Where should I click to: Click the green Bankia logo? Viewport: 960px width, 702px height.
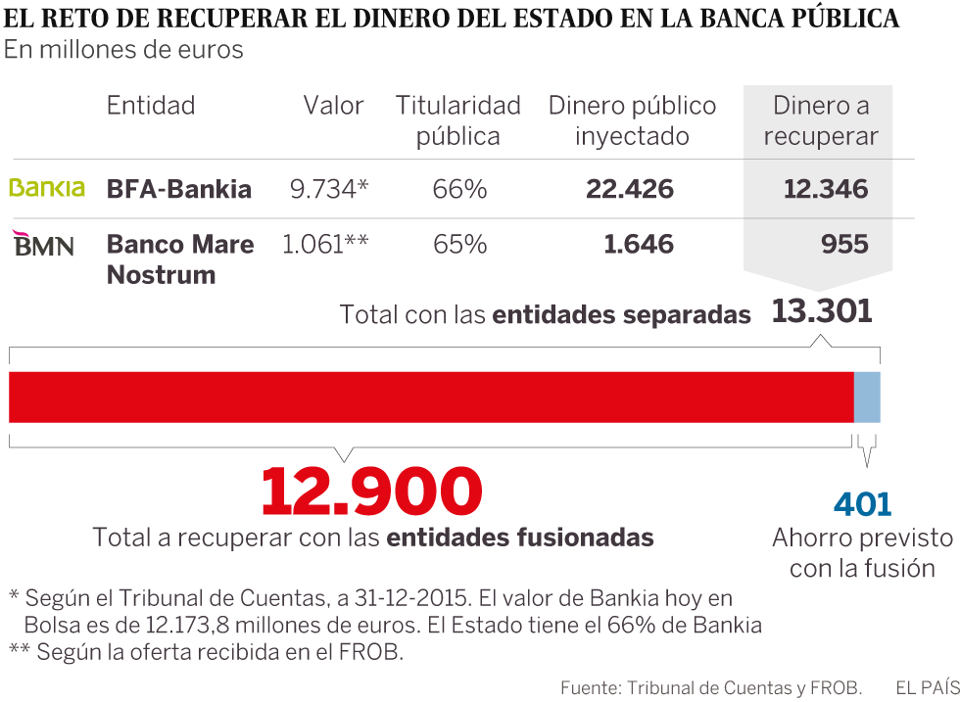[x=47, y=188]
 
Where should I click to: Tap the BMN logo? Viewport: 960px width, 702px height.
[x=44, y=244]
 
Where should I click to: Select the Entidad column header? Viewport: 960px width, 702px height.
[x=151, y=106]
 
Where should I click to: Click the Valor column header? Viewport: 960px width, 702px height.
[x=333, y=106]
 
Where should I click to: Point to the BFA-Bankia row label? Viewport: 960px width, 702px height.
[x=179, y=189]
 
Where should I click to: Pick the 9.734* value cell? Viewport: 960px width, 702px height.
[x=329, y=189]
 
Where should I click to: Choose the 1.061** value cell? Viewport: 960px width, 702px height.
[x=325, y=244]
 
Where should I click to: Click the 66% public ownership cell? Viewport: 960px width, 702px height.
[x=459, y=189]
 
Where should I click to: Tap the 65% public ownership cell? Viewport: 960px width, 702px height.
[x=459, y=244]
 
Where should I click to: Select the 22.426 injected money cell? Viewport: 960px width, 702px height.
[x=630, y=189]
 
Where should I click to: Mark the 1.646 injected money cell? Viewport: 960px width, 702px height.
[x=639, y=244]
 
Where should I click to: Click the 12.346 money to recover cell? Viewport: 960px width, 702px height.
[x=826, y=189]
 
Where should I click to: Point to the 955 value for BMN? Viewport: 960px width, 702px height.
[x=844, y=244]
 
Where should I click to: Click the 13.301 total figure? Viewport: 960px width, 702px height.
[x=821, y=312]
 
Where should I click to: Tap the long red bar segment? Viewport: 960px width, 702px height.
[x=431, y=397]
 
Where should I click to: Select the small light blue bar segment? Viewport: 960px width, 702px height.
[x=867, y=397]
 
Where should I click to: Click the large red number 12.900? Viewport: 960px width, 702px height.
[x=372, y=491]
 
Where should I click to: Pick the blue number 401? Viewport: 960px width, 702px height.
[x=863, y=504]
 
